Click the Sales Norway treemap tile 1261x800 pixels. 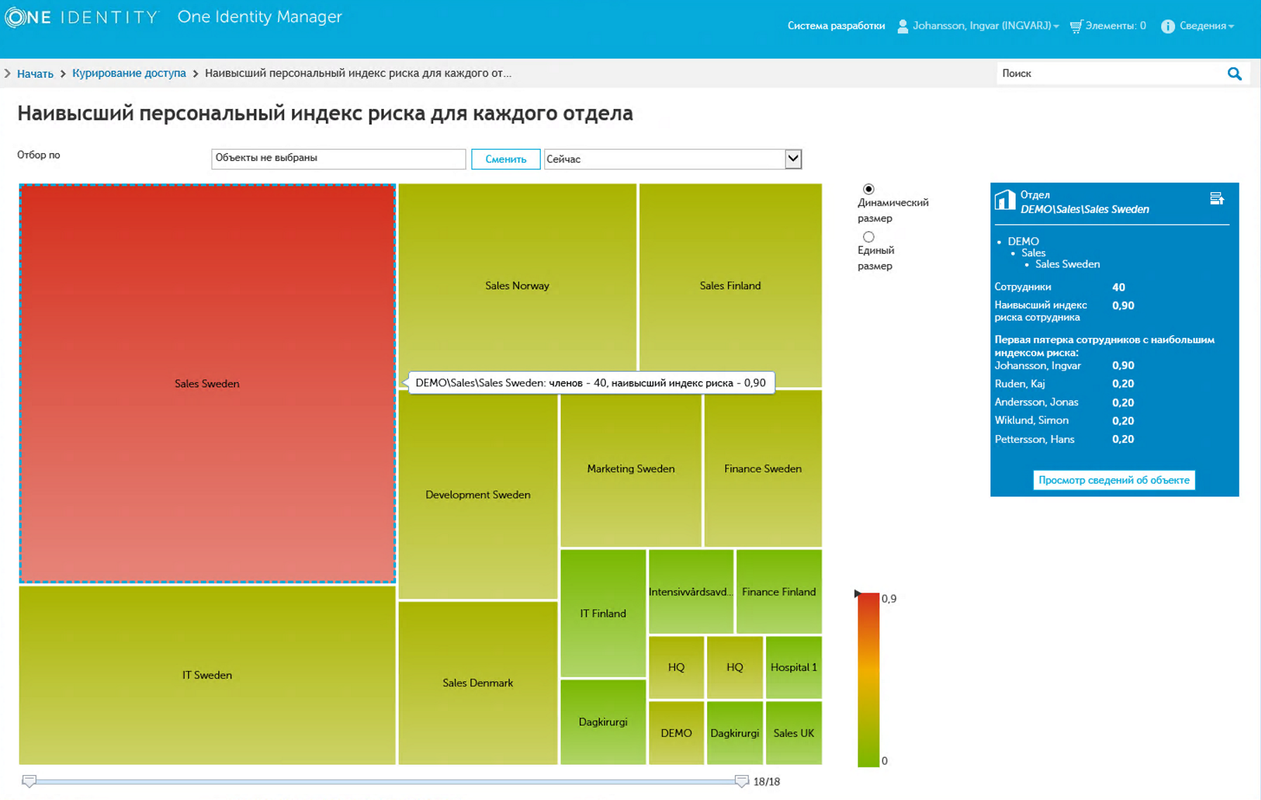pyautogui.click(x=517, y=285)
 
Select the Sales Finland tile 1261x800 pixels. pyautogui.click(x=730, y=285)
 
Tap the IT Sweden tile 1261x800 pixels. pyautogui.click(x=207, y=674)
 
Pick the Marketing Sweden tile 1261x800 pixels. pyautogui.click(x=630, y=468)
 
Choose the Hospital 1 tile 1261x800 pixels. pyautogui.click(x=793, y=667)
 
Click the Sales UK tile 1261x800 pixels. pyautogui.click(x=793, y=733)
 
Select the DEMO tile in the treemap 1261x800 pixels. pyautogui.click(x=676, y=733)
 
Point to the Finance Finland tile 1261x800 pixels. pyautogui.click(x=779, y=591)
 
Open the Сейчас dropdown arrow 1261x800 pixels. pyautogui.click(x=793, y=159)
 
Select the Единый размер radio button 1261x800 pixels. pyautogui.click(x=869, y=237)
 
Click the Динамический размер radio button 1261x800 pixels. pyautogui.click(x=869, y=189)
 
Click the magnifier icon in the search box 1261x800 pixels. pyautogui.click(x=1234, y=74)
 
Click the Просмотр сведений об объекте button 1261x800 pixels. pyautogui.click(x=1113, y=480)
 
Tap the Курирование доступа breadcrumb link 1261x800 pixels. pyautogui.click(x=129, y=74)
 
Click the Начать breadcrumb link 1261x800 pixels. pyautogui.click(x=35, y=74)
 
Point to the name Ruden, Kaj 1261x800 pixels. pyautogui.click(x=1019, y=384)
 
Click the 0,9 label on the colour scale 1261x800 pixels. pyautogui.click(x=889, y=599)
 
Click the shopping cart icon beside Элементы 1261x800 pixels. pyautogui.click(x=1076, y=26)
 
